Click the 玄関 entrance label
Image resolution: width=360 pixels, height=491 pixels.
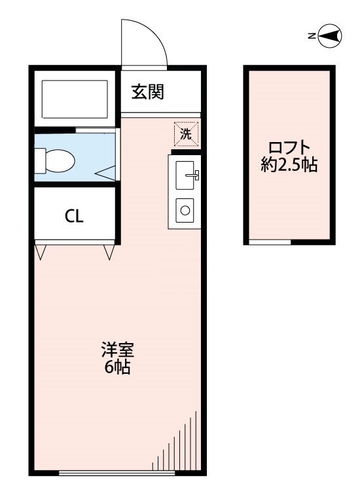(x=147, y=92)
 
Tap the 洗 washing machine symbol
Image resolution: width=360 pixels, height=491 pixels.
(x=186, y=135)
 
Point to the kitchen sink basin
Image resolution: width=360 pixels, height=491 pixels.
(x=185, y=173)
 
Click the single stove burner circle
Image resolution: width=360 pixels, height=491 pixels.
(x=185, y=210)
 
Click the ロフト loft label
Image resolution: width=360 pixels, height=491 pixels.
(x=289, y=147)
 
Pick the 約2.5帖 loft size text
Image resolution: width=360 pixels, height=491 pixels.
(x=289, y=165)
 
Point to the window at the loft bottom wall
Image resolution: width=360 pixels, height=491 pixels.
(x=270, y=242)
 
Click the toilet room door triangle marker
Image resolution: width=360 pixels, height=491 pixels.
(x=107, y=172)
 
